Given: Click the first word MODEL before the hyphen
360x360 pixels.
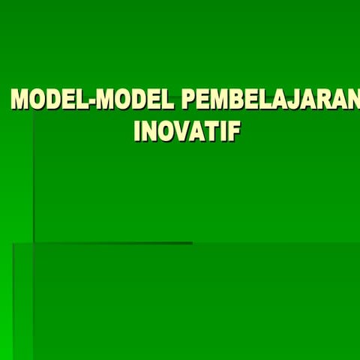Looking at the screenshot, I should click(49, 100).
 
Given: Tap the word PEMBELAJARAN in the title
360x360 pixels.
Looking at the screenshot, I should click(271, 100).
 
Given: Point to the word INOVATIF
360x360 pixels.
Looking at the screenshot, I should click(187, 131).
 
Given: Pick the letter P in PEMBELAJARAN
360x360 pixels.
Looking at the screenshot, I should click(190, 100).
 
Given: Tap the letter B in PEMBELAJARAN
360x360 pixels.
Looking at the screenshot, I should click(238, 100).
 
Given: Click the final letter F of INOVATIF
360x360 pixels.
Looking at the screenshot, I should click(235, 131).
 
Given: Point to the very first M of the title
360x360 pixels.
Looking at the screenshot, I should click(19, 100).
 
